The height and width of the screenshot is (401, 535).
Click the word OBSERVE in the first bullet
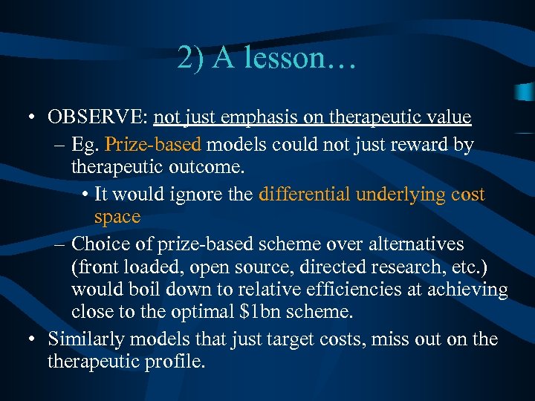click(98, 117)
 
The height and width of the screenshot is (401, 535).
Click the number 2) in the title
click(192, 58)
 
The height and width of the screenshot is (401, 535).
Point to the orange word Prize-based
click(149, 144)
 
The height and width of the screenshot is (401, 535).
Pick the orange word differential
click(305, 195)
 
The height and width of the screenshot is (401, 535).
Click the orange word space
click(117, 217)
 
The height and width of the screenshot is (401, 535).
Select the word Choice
click(100, 244)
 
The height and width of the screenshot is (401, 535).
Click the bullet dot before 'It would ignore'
click(88, 195)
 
